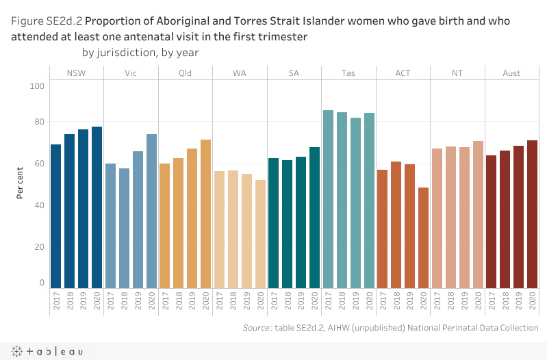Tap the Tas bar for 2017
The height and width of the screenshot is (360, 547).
point(328,199)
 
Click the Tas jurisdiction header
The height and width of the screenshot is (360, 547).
point(348,73)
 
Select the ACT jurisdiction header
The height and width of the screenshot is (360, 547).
point(403,73)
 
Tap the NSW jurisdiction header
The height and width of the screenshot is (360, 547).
point(76,73)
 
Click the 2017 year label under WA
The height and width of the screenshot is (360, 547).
point(219,301)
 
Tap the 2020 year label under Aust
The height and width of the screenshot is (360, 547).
point(532,301)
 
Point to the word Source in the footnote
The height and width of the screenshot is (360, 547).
point(256,329)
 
